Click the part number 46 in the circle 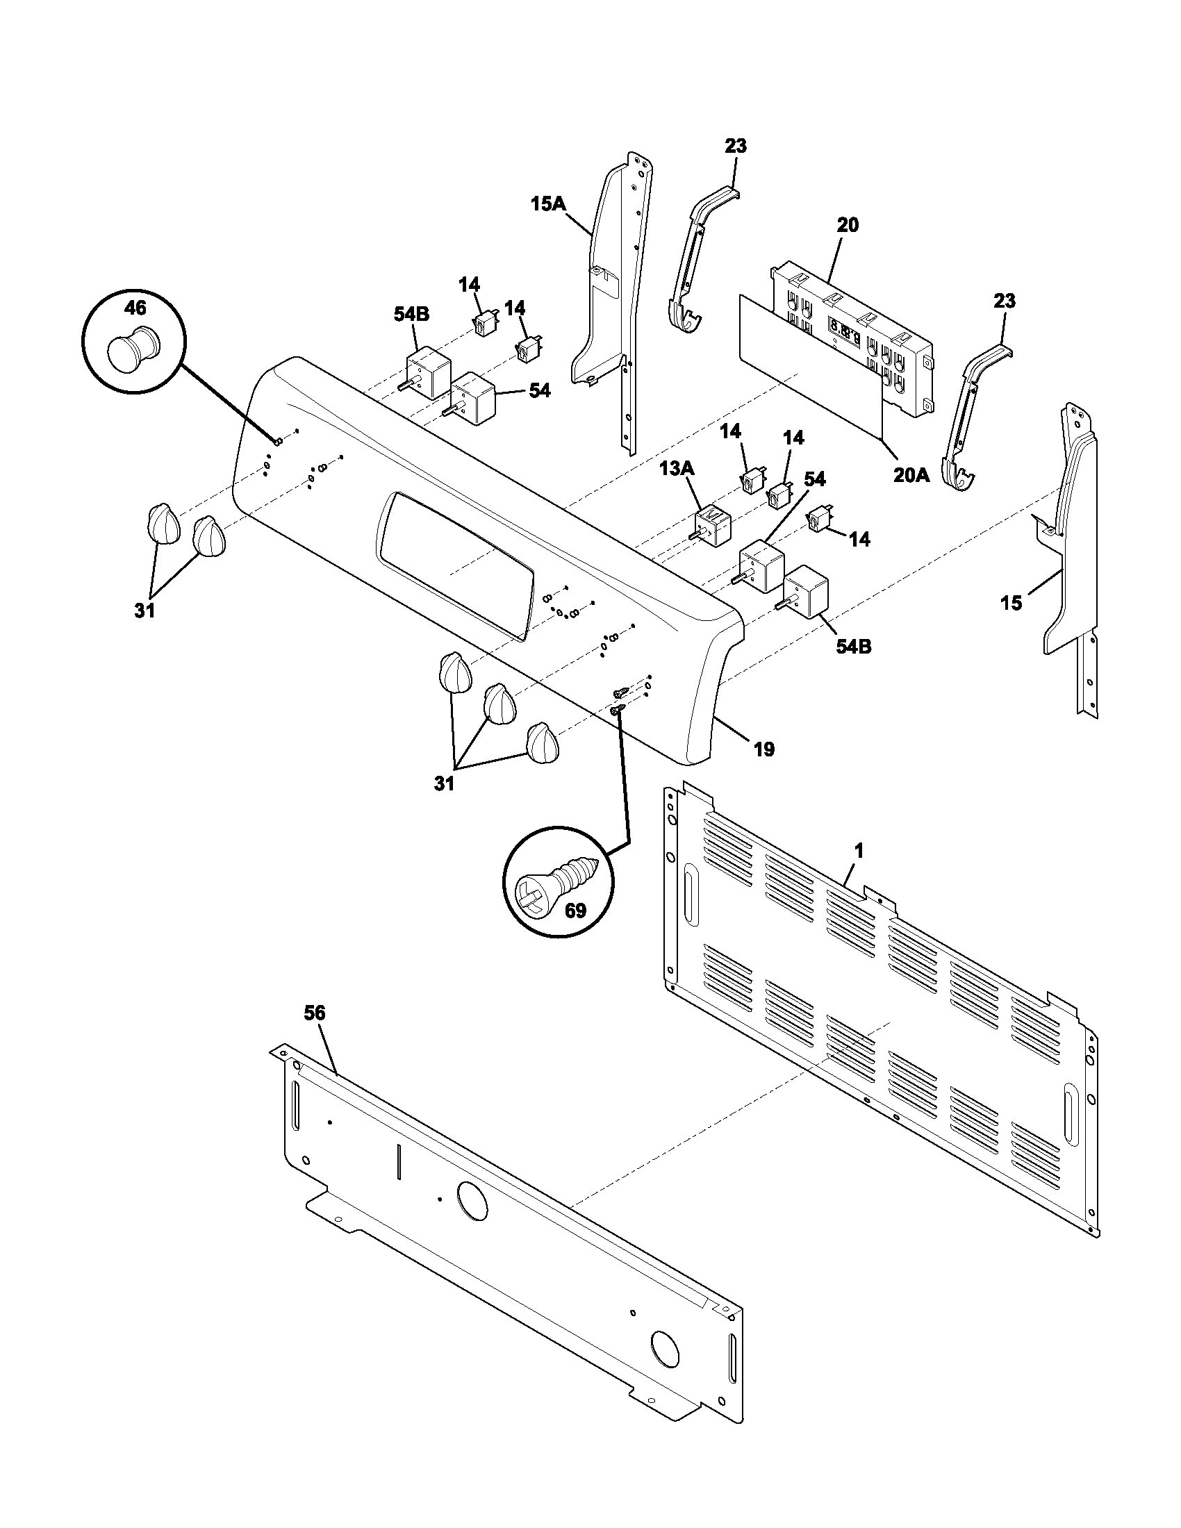[135, 307]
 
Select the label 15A [548, 204]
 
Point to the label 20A [911, 475]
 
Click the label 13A [677, 468]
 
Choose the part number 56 [315, 1013]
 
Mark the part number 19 [764, 749]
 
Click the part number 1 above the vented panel [859, 851]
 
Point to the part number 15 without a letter [1011, 602]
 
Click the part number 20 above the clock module [848, 225]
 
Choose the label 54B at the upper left [411, 315]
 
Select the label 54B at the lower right [854, 647]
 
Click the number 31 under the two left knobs [144, 611]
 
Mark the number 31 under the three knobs [445, 784]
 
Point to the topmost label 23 [735, 146]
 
